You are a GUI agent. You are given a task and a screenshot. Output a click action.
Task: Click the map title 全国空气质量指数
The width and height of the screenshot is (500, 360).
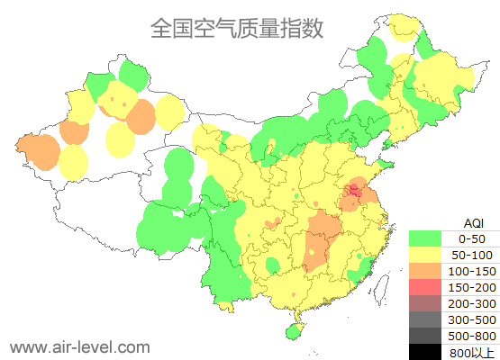pos(236,28)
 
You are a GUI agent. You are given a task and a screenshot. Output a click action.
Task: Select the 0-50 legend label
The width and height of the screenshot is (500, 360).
pos(472,238)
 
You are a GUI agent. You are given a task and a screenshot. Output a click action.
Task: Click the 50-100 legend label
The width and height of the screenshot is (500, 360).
pos(472,255)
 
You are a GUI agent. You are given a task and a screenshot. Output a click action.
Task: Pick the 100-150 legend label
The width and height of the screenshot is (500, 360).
pos(472,271)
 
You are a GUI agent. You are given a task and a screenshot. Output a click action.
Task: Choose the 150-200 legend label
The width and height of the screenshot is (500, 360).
pos(472,287)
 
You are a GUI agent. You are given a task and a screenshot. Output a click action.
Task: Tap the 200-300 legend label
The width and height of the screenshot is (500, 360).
pos(472,303)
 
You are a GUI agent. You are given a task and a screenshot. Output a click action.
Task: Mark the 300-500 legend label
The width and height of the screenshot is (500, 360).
pos(472,319)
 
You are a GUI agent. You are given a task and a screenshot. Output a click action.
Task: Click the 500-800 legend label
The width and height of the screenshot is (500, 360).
pos(472,336)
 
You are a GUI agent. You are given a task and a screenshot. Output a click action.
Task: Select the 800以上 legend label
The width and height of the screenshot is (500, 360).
pos(472,352)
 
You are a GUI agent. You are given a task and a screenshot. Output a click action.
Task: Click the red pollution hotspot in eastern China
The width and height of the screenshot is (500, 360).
pos(355,190)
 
